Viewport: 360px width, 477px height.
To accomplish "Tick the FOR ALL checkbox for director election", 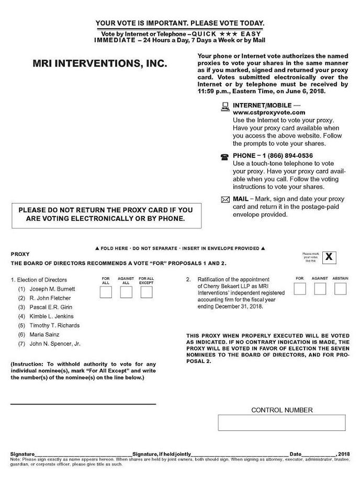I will (x=106, y=292).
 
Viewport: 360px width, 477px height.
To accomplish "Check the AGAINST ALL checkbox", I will (x=126, y=292).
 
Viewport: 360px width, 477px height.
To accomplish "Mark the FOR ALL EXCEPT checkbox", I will (x=147, y=292).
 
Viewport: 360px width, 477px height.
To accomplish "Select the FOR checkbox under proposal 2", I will (x=300, y=289).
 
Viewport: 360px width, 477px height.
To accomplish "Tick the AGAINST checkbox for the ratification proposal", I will (x=320, y=289).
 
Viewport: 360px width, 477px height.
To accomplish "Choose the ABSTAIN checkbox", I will (x=341, y=289).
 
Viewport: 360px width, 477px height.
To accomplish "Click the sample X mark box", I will (x=329, y=257).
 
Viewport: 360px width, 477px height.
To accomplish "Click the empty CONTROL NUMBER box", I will (x=282, y=423).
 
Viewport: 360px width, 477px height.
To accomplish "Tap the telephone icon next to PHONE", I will (x=225, y=156).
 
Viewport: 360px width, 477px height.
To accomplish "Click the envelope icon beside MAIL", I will (x=226, y=199).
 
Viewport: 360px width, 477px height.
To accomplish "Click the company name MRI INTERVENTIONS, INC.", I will (x=100, y=64).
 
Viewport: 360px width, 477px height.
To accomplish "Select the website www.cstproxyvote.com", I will (x=269, y=112).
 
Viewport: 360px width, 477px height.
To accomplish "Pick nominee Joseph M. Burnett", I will (x=52, y=289).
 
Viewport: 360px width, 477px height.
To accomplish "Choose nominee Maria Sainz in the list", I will (x=44, y=335).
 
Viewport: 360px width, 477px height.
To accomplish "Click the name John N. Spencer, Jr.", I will (x=55, y=344).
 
